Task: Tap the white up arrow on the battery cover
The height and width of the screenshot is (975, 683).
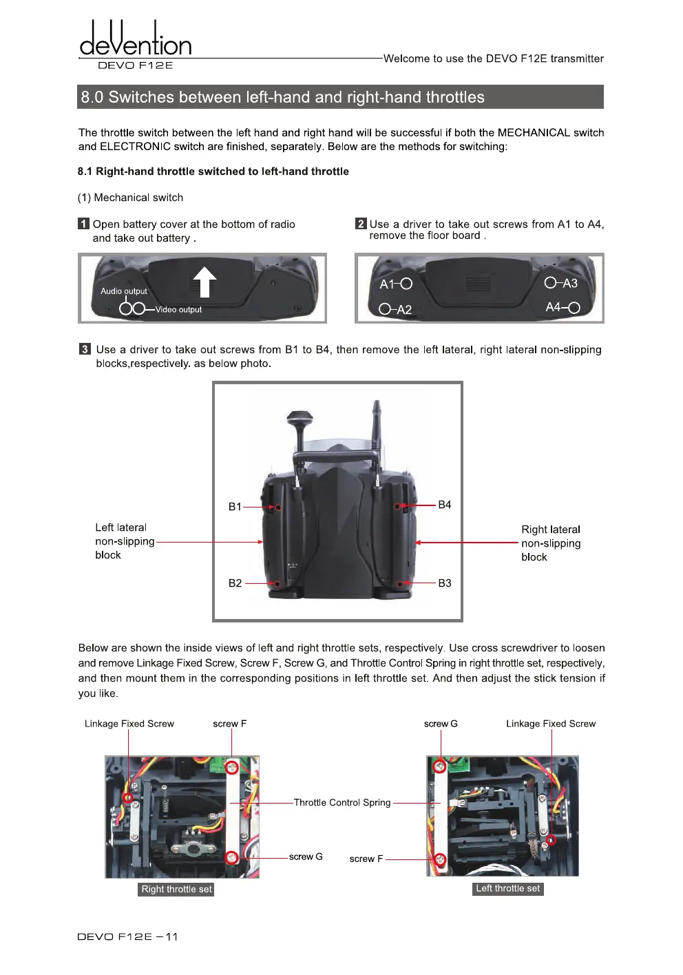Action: (204, 282)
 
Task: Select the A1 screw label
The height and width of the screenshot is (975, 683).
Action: (386, 284)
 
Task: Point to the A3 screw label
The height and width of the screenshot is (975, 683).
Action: (570, 283)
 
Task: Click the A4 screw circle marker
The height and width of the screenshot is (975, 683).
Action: (574, 308)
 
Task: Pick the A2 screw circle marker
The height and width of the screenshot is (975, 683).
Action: (385, 309)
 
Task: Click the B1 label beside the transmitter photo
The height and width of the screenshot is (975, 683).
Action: (235, 507)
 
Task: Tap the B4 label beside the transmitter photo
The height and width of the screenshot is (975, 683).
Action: (445, 505)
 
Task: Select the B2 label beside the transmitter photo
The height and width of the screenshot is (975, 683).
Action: (235, 583)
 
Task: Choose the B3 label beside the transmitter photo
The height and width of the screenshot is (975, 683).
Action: (445, 583)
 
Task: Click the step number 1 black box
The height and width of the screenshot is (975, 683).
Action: (84, 224)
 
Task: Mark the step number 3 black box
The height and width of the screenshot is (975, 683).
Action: (85, 349)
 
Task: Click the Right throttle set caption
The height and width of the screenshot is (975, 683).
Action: (176, 889)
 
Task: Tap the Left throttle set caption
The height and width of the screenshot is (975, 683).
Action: (508, 888)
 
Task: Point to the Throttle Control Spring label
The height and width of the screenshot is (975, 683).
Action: (342, 803)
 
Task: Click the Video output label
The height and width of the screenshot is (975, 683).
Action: (178, 310)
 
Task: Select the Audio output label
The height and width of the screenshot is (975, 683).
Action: (124, 291)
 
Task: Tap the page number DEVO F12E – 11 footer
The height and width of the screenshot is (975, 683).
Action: (127, 936)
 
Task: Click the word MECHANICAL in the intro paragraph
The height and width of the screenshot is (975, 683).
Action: (534, 133)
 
